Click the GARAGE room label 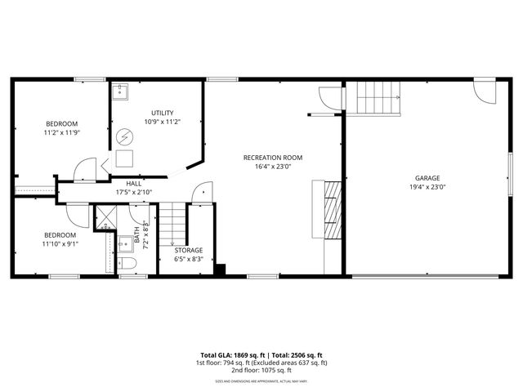tap(427, 177)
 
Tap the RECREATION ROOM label tap(273, 157)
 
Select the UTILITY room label tap(162, 113)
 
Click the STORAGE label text tap(188, 250)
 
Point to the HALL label tap(134, 184)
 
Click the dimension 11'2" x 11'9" tap(61, 131)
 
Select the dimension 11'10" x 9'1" tap(60, 243)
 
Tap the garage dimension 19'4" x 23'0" tap(427, 187)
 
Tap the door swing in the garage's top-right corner tap(485, 90)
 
